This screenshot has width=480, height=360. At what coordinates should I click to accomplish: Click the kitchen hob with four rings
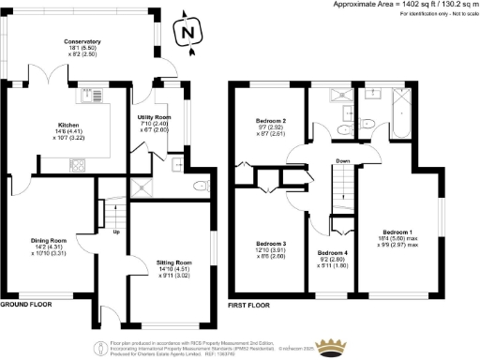pyautogui.click(x=77, y=165)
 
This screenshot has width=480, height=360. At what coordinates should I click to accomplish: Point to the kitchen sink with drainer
pyautogui.click(x=92, y=96)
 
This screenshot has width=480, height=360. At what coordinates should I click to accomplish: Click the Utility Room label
pyautogui.click(x=155, y=116)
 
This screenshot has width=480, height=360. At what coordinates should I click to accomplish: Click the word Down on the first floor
pyautogui.click(x=343, y=160)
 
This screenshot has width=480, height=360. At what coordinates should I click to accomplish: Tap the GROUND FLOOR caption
pyautogui.click(x=24, y=306)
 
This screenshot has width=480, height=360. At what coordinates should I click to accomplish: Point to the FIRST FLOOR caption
pyautogui.click(x=250, y=306)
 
